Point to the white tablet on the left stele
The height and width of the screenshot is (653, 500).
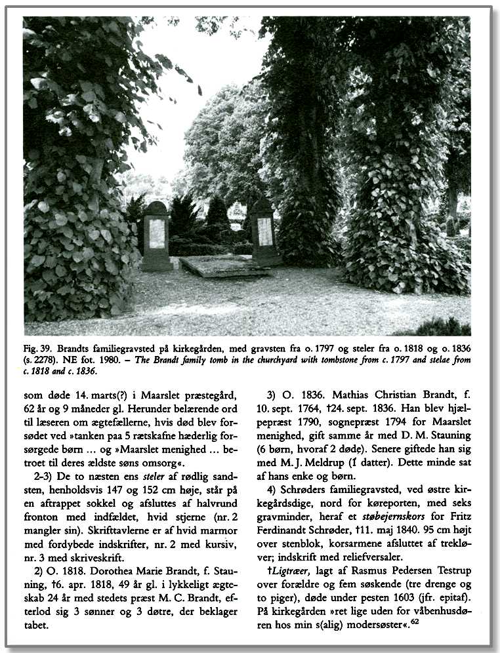(157, 233)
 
